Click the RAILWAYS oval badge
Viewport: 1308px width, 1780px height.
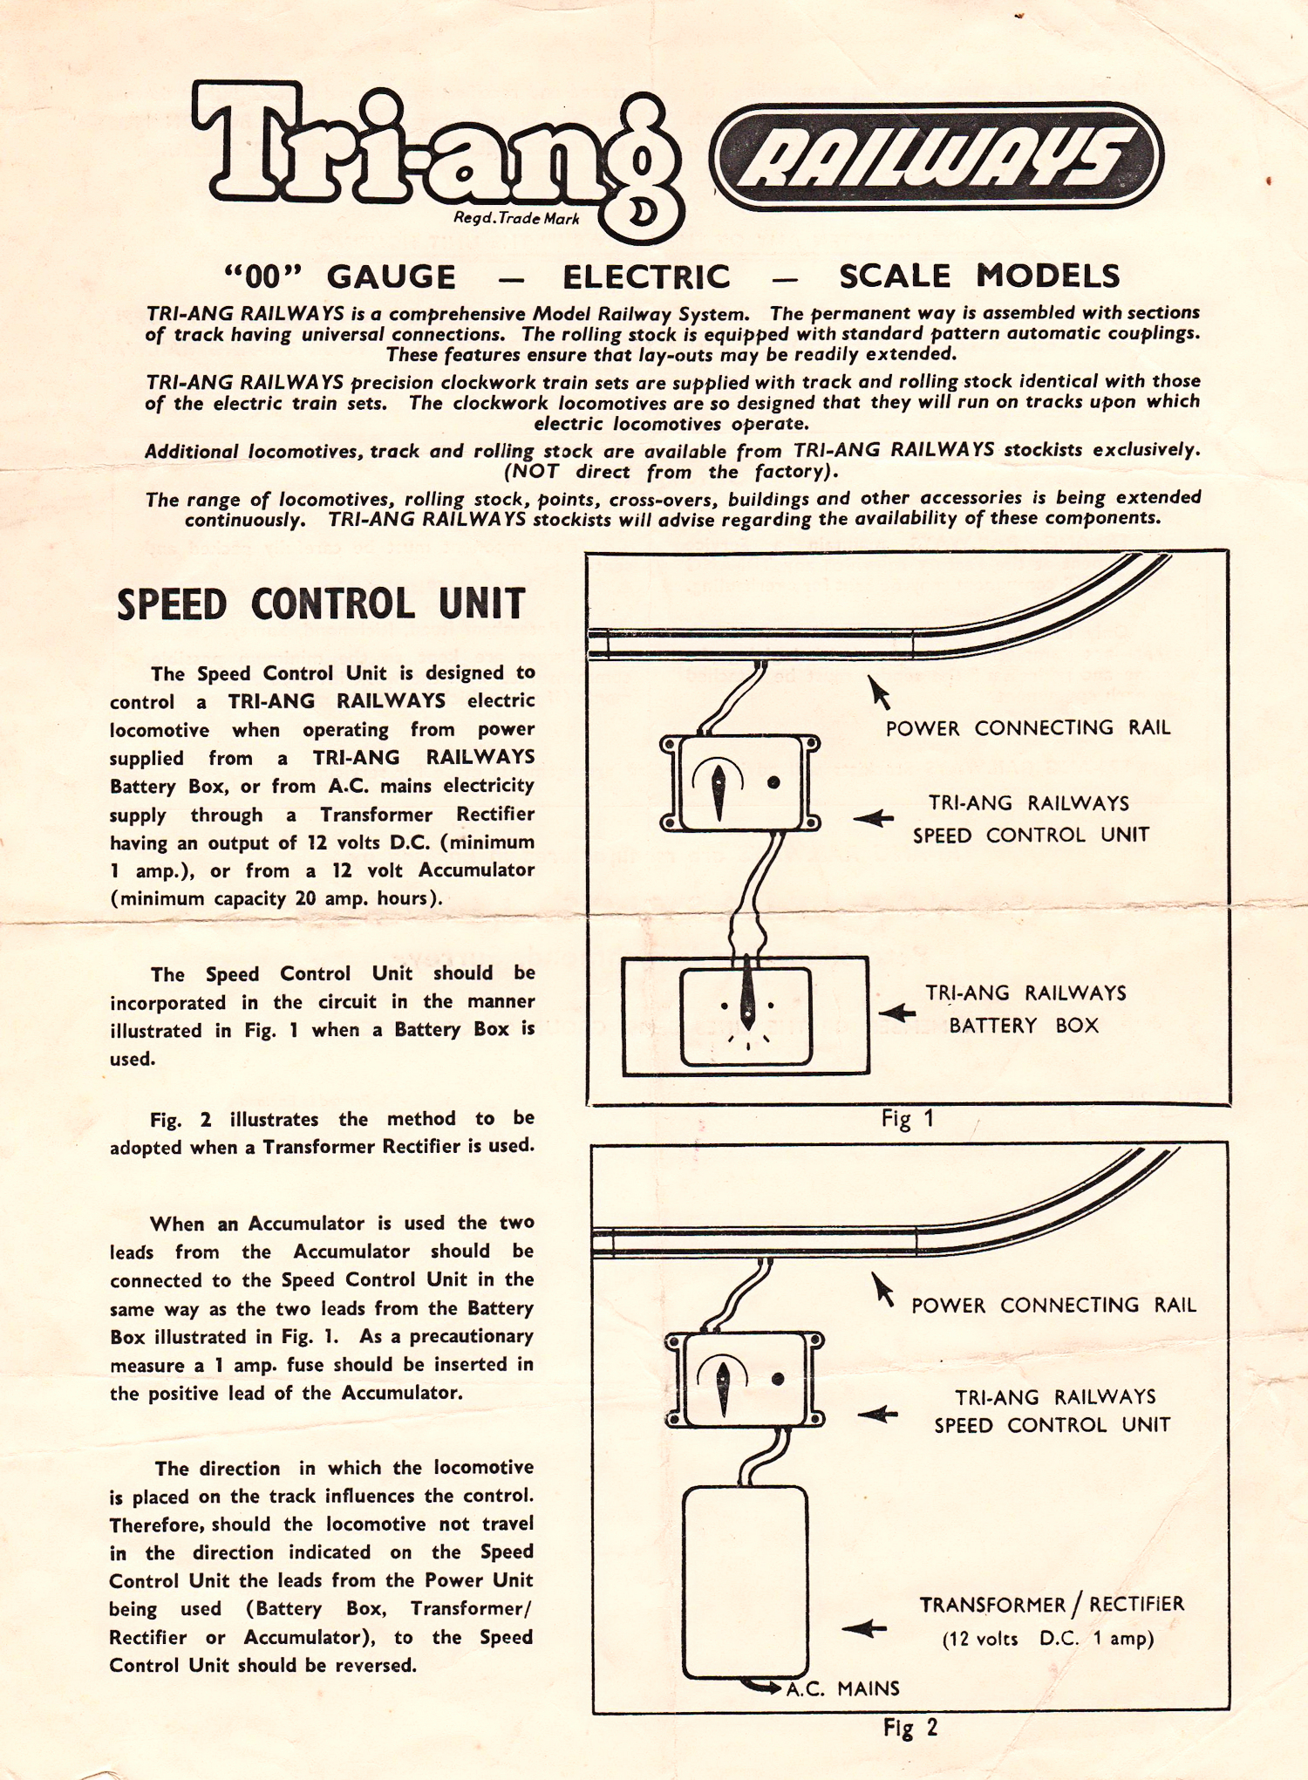point(937,157)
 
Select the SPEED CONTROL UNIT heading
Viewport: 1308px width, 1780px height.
point(321,604)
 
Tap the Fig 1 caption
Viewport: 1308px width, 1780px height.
point(907,1119)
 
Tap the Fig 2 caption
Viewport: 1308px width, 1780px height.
point(909,1728)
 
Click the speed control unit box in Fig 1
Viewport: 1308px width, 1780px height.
point(740,783)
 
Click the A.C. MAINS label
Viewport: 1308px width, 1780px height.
point(842,1688)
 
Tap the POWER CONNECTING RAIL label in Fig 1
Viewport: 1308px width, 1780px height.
point(1027,728)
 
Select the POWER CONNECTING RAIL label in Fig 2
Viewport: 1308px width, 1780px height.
point(1053,1306)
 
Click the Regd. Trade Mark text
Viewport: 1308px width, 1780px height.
point(516,218)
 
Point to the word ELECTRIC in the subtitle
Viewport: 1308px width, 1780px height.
point(646,277)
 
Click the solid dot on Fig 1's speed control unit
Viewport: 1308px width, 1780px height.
point(773,782)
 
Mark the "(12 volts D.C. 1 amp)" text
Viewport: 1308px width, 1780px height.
point(1047,1639)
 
